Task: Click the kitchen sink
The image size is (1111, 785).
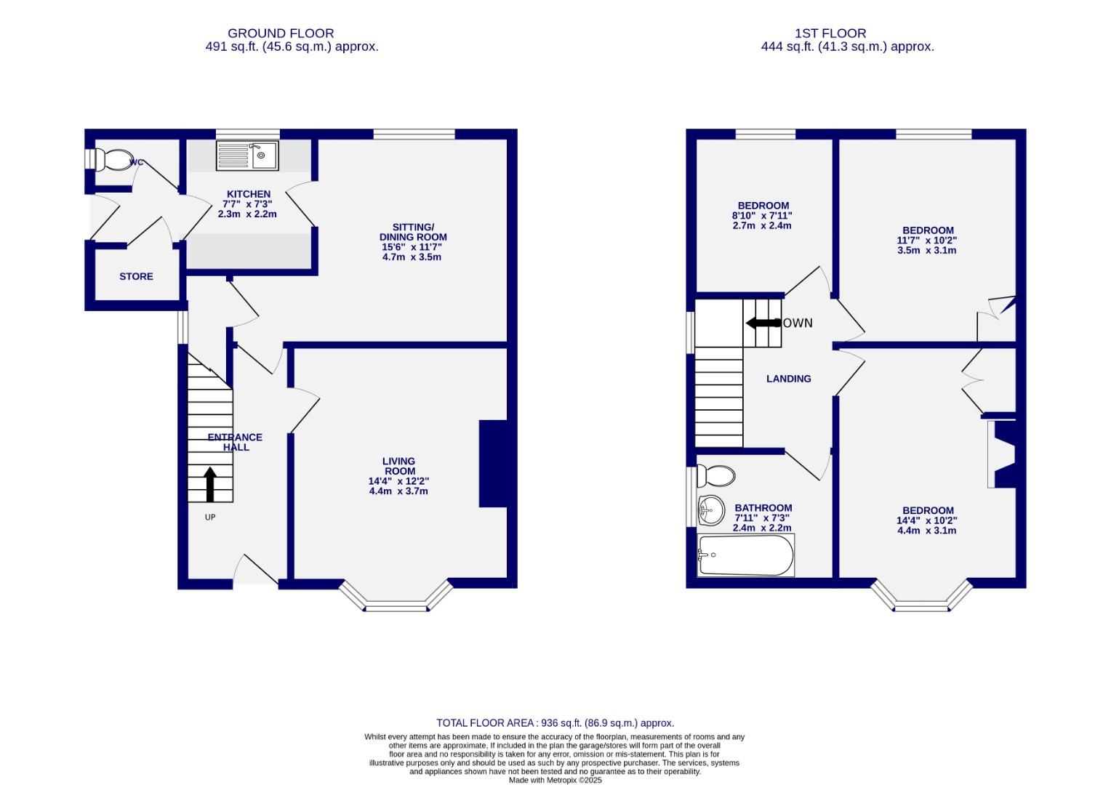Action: [247, 156]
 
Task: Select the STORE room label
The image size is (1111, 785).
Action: [136, 277]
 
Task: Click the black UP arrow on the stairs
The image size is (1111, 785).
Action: [210, 484]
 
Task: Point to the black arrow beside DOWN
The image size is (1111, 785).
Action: [761, 323]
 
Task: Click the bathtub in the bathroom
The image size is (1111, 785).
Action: [745, 556]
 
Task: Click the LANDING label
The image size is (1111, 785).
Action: [788, 379]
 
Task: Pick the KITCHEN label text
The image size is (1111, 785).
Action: [249, 194]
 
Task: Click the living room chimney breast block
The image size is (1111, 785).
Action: [492, 463]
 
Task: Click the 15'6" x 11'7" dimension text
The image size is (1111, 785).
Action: [412, 247]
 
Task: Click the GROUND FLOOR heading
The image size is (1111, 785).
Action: [281, 33]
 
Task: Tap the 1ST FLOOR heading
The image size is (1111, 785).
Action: [830, 33]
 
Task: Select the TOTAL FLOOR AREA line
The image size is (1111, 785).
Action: [555, 723]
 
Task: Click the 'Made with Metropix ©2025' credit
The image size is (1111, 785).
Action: [555, 780]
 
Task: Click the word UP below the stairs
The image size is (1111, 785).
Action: [210, 518]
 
